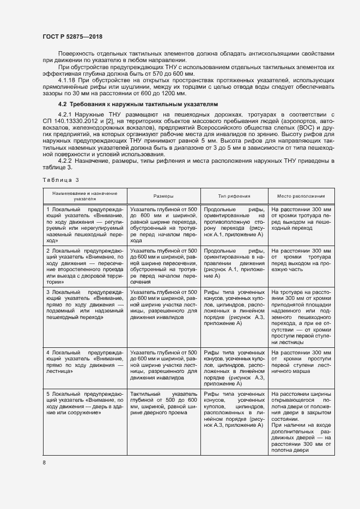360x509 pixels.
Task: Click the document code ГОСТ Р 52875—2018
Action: pyautogui.click(x=72, y=36)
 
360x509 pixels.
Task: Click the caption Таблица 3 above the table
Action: pyautogui.click(x=60, y=180)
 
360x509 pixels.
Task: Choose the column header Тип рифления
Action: pyautogui.click(x=234, y=196)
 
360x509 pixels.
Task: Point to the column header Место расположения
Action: pyautogui.click(x=301, y=196)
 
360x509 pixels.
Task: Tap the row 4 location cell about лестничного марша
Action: pyautogui.click(x=301, y=361)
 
